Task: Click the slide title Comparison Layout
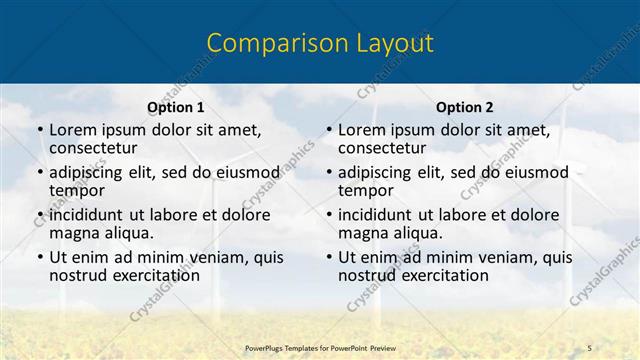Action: tap(319, 43)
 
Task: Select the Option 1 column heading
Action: tap(176, 107)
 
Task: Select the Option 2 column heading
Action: tap(465, 107)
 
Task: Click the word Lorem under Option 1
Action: tap(72, 130)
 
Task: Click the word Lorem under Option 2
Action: tap(361, 130)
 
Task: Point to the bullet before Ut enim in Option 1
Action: tap(39, 257)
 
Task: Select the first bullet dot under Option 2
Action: tap(328, 131)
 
